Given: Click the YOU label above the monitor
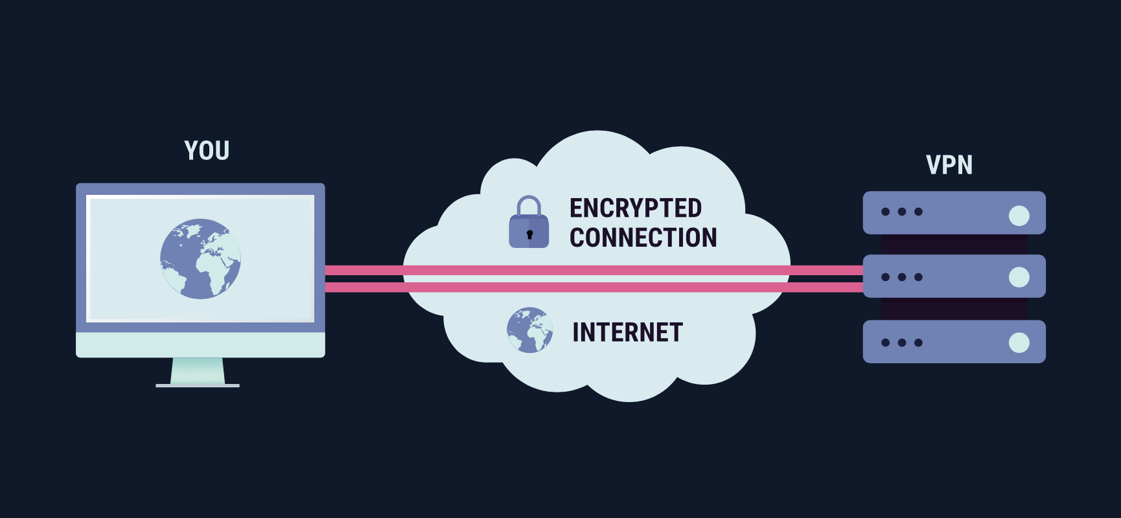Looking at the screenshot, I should [x=207, y=151].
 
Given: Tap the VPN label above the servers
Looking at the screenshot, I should [x=949, y=165].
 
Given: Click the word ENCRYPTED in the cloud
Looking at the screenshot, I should [x=635, y=208].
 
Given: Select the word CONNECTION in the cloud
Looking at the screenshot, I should [x=643, y=238].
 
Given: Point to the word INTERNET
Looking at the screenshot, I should [x=627, y=333].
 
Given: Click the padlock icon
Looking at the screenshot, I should [x=529, y=223].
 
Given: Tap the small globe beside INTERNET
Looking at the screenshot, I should [x=529, y=330].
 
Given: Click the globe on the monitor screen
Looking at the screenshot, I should [x=200, y=259].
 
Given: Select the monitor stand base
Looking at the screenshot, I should [x=198, y=385].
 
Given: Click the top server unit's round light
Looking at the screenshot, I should [x=1019, y=216].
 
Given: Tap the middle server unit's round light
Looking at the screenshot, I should [x=1019, y=277].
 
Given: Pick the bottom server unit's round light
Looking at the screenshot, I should [x=1019, y=343].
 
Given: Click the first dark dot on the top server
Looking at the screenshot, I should [x=885, y=212].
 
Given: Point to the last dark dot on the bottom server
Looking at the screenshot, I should [x=918, y=343].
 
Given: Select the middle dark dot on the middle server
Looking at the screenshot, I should [x=902, y=277].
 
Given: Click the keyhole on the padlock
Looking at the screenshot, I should [x=529, y=234].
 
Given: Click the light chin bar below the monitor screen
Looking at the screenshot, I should [x=200, y=344].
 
